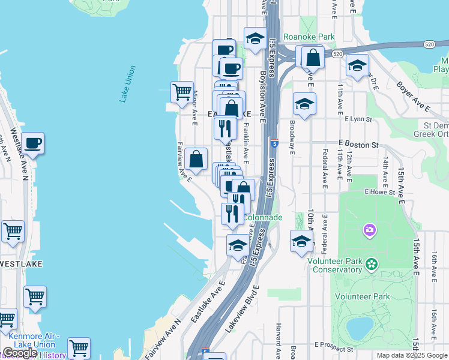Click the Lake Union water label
pyautogui.click(x=127, y=84)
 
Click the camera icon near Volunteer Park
pyautogui.click(x=369, y=230)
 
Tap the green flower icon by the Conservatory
pyautogui.click(x=372, y=263)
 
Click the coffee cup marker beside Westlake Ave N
pyautogui.click(x=33, y=144)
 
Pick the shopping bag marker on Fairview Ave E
pyautogui.click(x=196, y=160)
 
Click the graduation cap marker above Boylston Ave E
pyautogui.click(x=256, y=39)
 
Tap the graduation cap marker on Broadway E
pyautogui.click(x=304, y=104)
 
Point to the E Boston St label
pyautogui.click(x=358, y=145)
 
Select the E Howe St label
pyautogui.click(x=381, y=192)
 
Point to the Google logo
pyautogui.click(x=20, y=352)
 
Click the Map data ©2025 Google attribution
pyautogui.click(x=411, y=355)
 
